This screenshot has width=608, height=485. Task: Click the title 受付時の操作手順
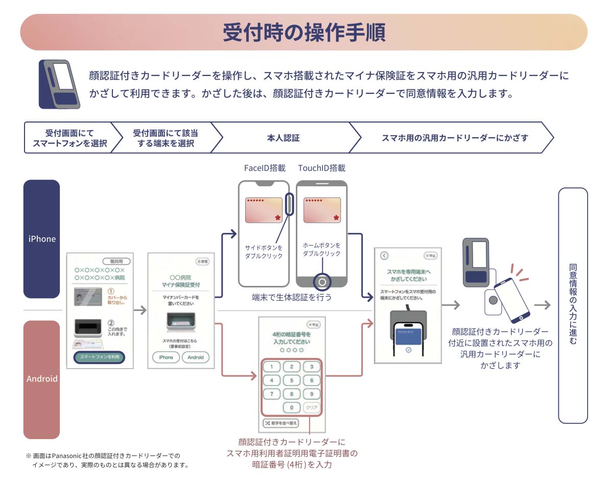click(x=303, y=32)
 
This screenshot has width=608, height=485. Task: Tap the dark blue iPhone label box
click(x=42, y=239)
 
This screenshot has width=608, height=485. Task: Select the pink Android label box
click(x=42, y=379)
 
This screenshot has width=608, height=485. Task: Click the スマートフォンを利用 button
click(x=100, y=357)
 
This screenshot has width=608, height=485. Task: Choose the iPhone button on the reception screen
click(x=166, y=357)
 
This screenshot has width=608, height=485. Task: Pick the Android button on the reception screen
click(x=195, y=357)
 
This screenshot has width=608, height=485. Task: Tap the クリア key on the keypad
click(x=311, y=408)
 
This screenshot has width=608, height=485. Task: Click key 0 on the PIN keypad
click(x=291, y=408)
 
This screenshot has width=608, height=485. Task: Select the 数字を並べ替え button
click(x=280, y=423)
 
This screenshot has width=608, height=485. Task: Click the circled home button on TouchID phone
click(x=322, y=281)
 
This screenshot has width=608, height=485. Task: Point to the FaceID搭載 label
click(x=265, y=168)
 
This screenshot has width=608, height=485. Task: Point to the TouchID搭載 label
click(x=322, y=168)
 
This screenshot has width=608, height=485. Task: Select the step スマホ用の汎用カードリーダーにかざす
click(x=455, y=138)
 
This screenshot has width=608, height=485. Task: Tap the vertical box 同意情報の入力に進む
click(x=573, y=305)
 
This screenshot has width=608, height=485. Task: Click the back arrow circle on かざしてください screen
click(x=385, y=256)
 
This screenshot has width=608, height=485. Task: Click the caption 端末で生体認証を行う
click(x=292, y=297)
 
